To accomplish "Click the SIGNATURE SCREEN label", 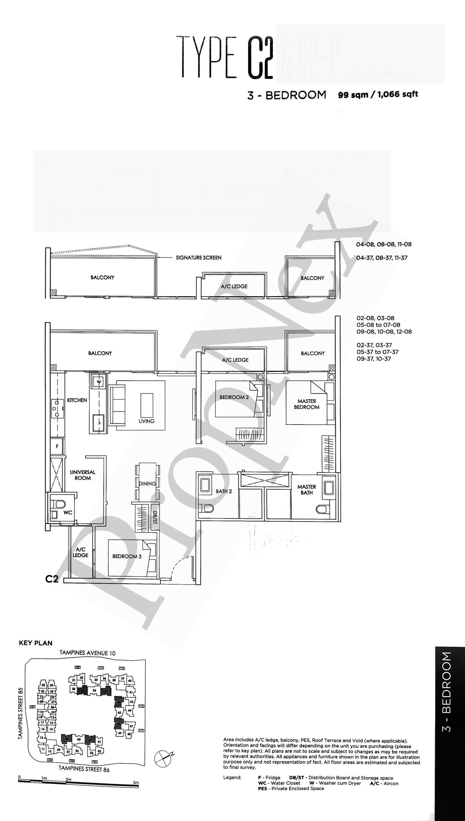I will pyautogui.click(x=198, y=258).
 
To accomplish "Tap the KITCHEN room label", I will pyautogui.click(x=77, y=400).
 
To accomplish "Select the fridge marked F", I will pyautogui.click(x=57, y=446).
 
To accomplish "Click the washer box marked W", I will pyautogui.click(x=99, y=382).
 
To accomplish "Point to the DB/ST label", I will pyautogui.click(x=154, y=517).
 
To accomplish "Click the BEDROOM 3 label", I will pyautogui.click(x=127, y=556).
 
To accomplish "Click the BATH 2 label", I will pyautogui.click(x=224, y=491).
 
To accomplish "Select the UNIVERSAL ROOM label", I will pyautogui.click(x=82, y=475).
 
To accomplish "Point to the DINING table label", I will pyautogui.click(x=147, y=484).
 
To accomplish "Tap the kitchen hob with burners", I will pyautogui.click(x=57, y=408).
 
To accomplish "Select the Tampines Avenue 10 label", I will pyautogui.click(x=87, y=653).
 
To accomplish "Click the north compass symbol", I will pyautogui.click(x=163, y=758).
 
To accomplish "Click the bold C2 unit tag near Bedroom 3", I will pyautogui.click(x=52, y=579).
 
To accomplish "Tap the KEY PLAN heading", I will pyautogui.click(x=36, y=643).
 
